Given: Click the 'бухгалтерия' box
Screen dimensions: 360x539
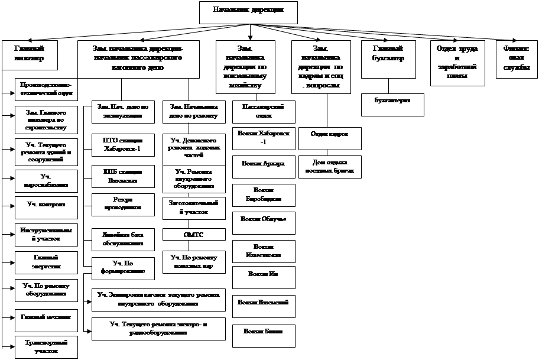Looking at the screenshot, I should coord(393,104).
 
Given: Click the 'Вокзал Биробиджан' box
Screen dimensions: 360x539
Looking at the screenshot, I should coord(263,194).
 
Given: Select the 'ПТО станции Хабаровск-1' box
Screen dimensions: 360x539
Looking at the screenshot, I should coord(123,145).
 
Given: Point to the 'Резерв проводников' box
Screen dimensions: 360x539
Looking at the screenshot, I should coord(123,203).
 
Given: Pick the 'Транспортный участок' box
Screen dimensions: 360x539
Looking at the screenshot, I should coord(46,346).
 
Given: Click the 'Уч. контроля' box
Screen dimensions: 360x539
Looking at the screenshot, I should coord(46,205).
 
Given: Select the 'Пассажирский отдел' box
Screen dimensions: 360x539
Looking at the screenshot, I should coord(263,110).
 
